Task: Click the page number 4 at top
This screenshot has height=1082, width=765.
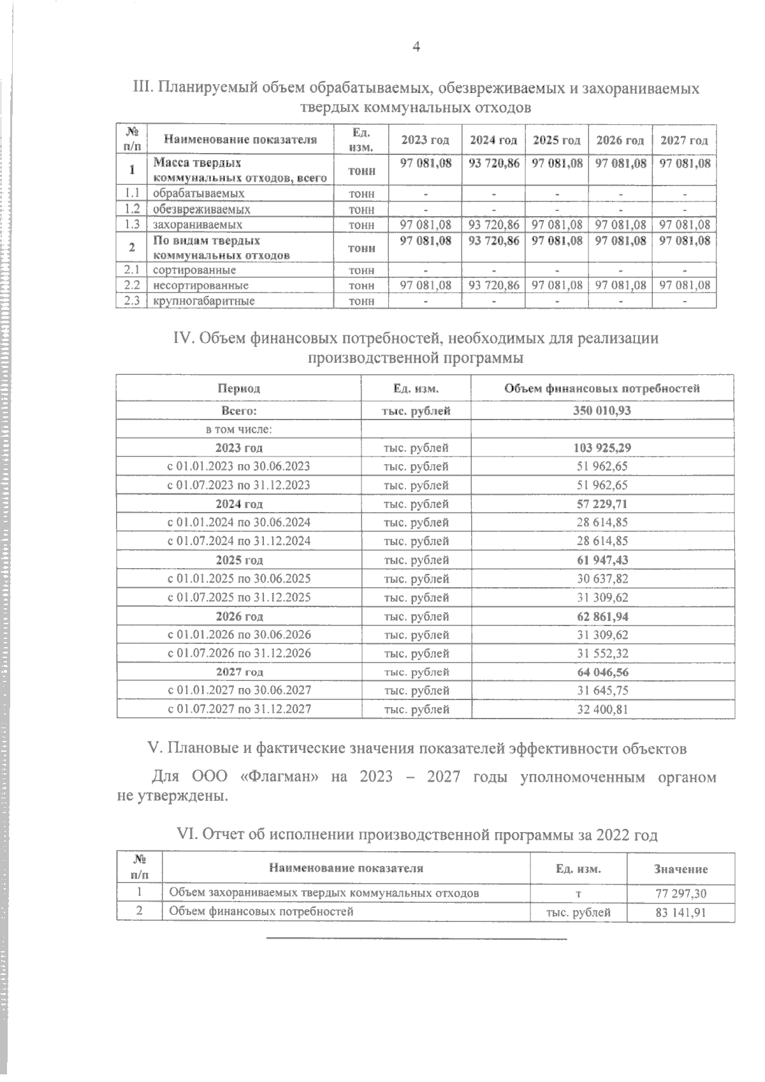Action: pos(416,47)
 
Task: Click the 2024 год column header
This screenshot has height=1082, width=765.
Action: pos(493,140)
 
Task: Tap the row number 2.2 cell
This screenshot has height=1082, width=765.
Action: pos(132,286)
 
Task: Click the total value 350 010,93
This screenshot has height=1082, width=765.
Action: pos(602,411)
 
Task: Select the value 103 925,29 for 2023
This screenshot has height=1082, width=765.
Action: pos(602,448)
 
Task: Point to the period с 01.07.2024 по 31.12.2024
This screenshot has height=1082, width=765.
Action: pos(239,541)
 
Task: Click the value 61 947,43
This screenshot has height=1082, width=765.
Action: pos(602,560)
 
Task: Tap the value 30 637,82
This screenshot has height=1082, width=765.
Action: pos(602,579)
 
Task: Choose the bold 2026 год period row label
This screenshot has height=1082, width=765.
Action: pos(239,617)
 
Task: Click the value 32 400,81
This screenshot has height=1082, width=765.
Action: pos(602,709)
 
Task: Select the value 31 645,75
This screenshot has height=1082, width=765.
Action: pos(602,691)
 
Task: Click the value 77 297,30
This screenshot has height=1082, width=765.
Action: pos(680,894)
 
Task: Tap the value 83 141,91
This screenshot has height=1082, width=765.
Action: pos(680,912)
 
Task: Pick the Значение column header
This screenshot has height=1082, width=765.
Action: pos(680,869)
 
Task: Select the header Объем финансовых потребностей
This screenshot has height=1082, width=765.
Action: pos(602,388)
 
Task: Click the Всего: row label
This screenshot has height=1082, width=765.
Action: pos(239,411)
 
